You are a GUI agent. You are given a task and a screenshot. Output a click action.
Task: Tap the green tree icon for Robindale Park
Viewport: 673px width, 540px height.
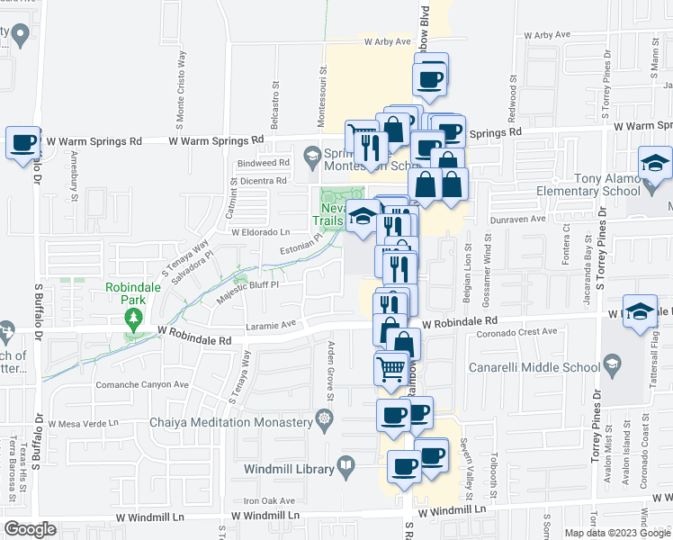point(133,317)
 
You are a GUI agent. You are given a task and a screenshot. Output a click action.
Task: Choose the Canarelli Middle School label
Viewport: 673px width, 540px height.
point(534,367)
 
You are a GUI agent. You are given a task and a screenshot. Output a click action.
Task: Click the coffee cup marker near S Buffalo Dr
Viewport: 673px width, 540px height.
point(23,142)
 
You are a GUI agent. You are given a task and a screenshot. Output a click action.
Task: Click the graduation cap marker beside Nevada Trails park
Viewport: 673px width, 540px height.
point(363,217)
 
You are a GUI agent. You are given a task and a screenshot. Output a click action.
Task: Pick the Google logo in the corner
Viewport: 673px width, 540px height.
point(30,529)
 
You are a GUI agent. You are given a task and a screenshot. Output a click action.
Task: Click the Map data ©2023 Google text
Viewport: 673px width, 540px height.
point(618,533)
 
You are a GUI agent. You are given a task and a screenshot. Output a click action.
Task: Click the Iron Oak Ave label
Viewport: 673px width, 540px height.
point(269,500)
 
